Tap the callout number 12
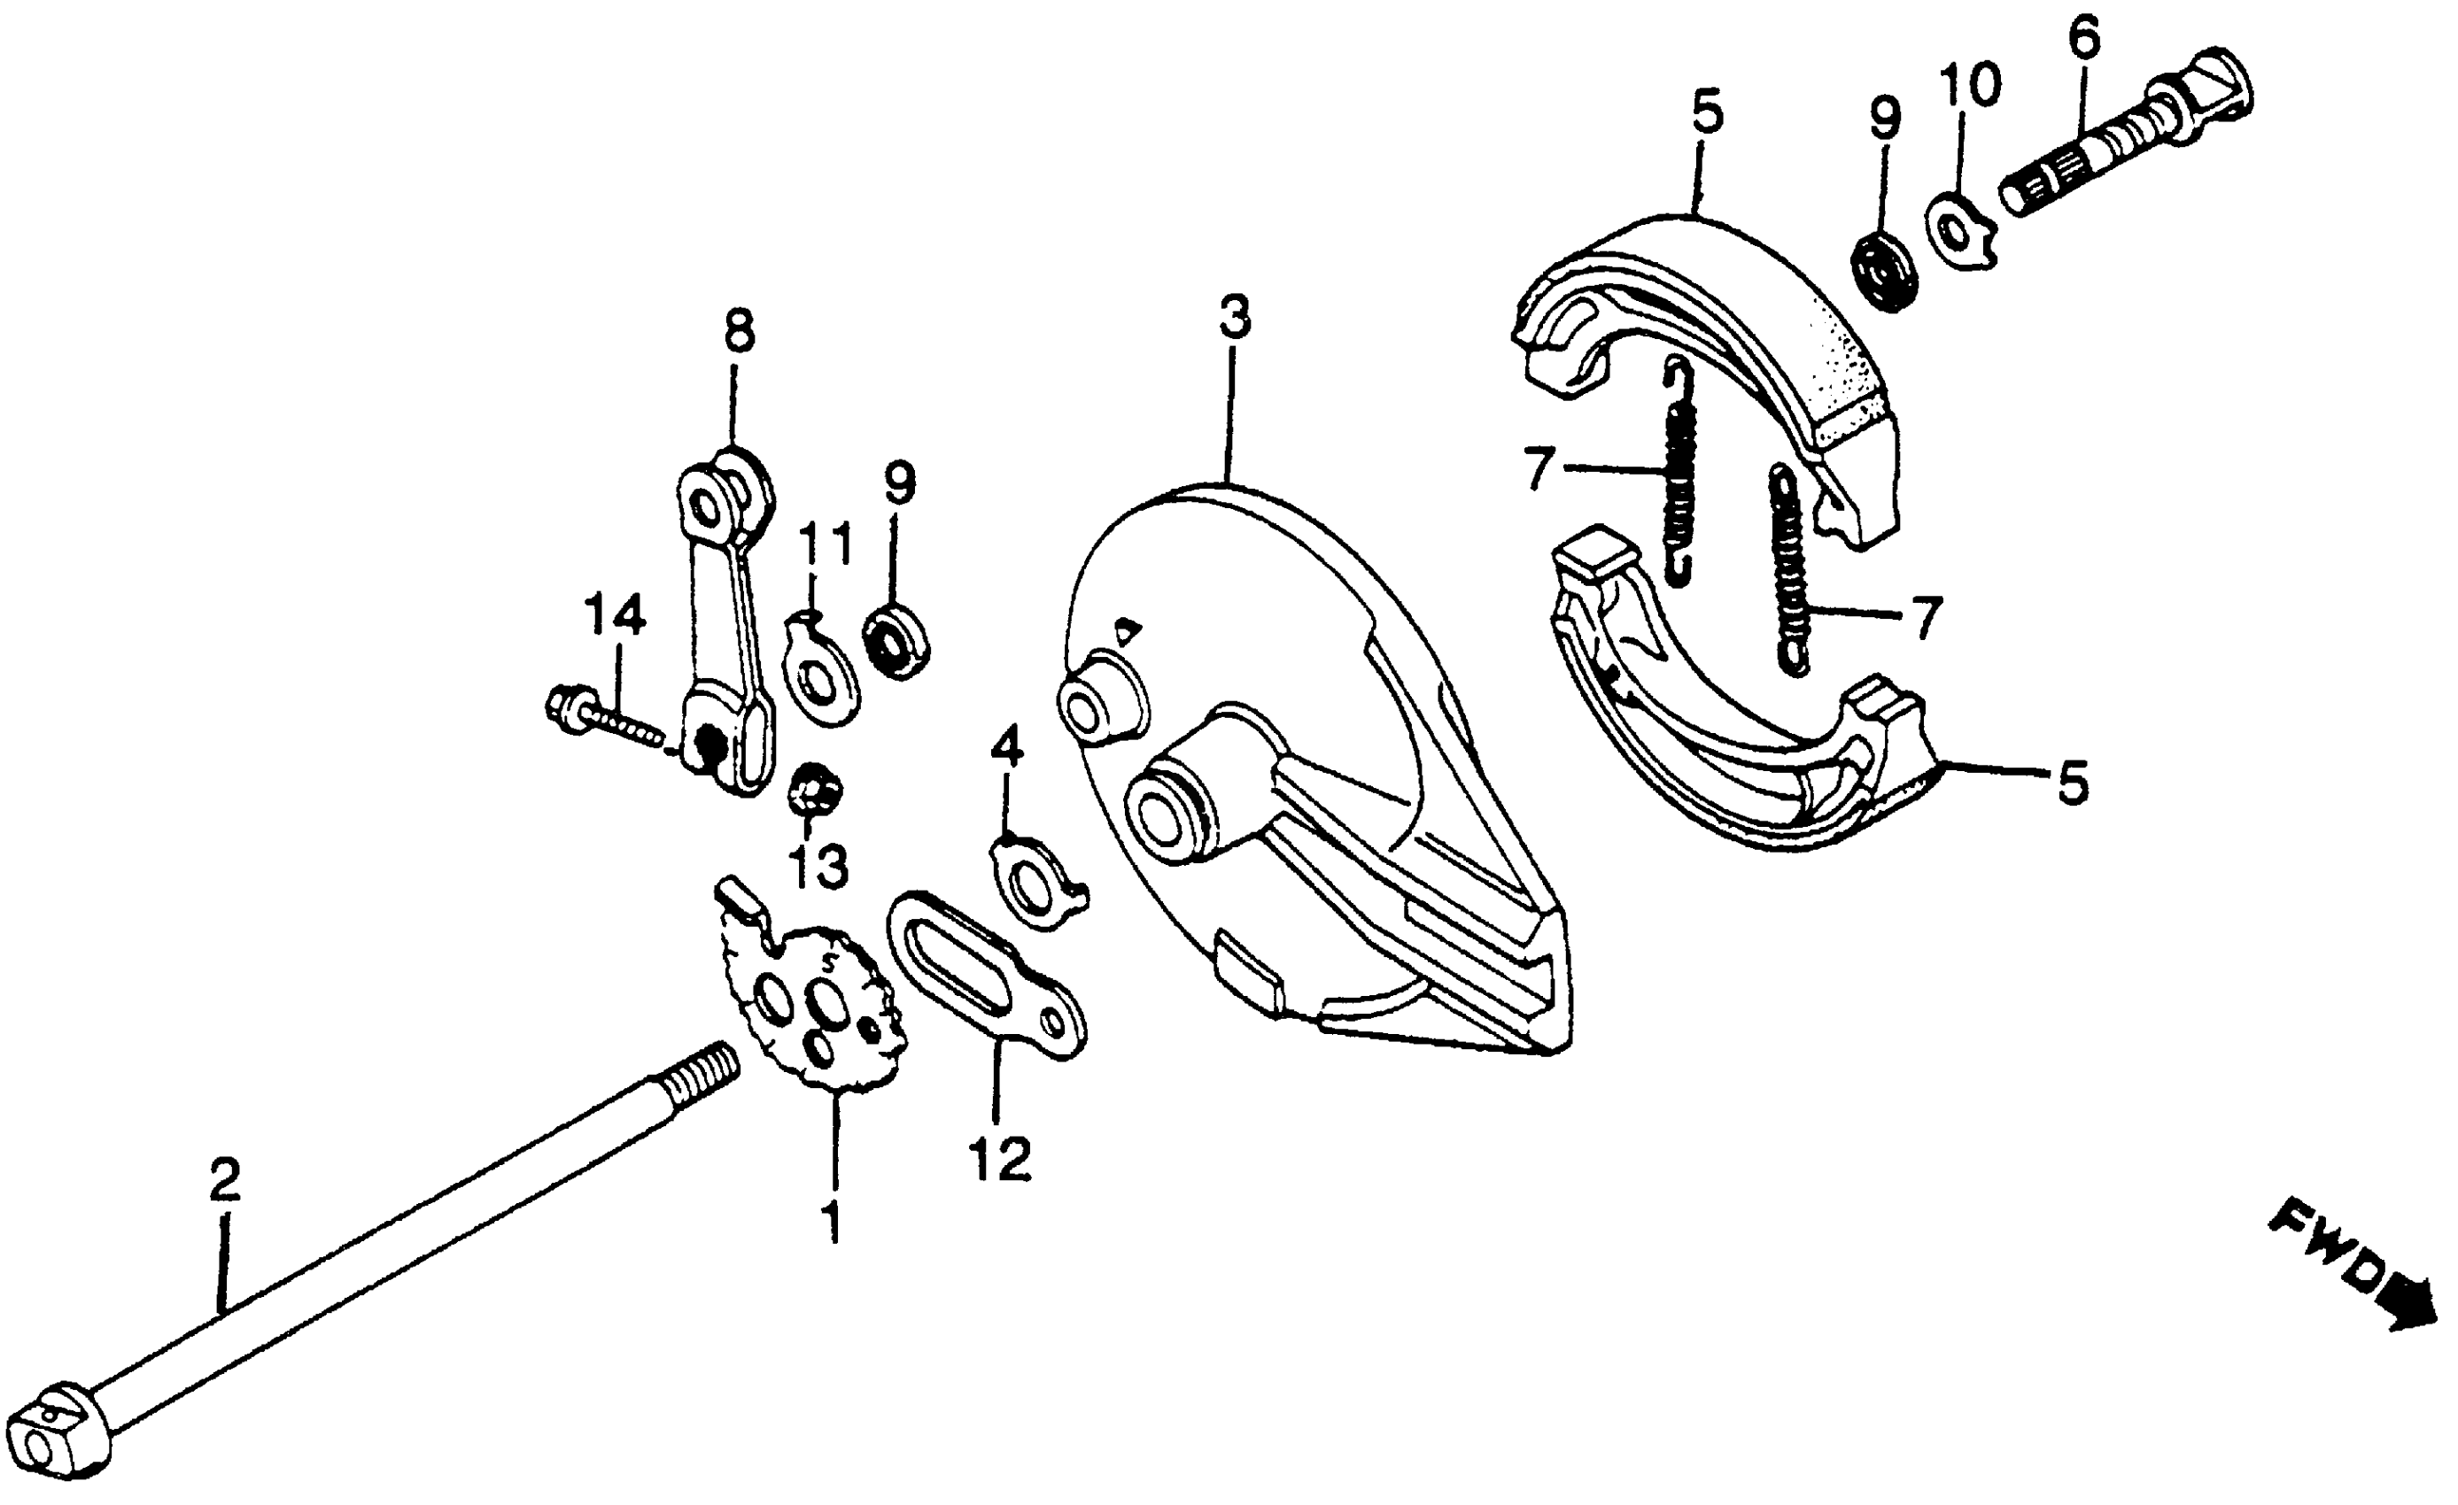point(998,1160)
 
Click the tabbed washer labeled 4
point(1035,880)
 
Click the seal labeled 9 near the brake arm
point(896,639)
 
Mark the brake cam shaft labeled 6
point(2115,150)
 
